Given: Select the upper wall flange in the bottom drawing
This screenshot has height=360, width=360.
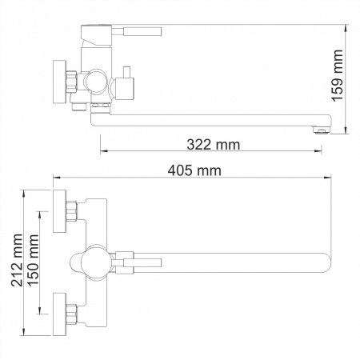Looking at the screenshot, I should (x=58, y=212).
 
